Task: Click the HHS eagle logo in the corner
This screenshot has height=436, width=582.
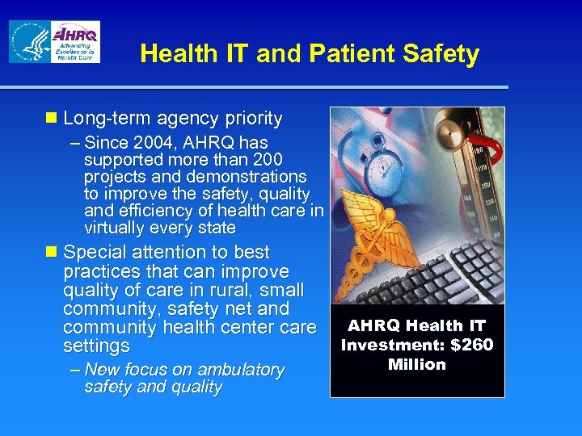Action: point(29,42)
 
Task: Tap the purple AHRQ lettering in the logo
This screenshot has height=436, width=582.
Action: point(75,35)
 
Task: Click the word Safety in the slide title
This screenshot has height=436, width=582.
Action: point(443,54)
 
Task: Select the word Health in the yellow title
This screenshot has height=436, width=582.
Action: point(171,54)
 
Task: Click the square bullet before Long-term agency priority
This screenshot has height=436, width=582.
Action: point(52,119)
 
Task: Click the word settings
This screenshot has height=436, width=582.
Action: point(96,346)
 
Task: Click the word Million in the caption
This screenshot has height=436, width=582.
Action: point(417,364)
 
